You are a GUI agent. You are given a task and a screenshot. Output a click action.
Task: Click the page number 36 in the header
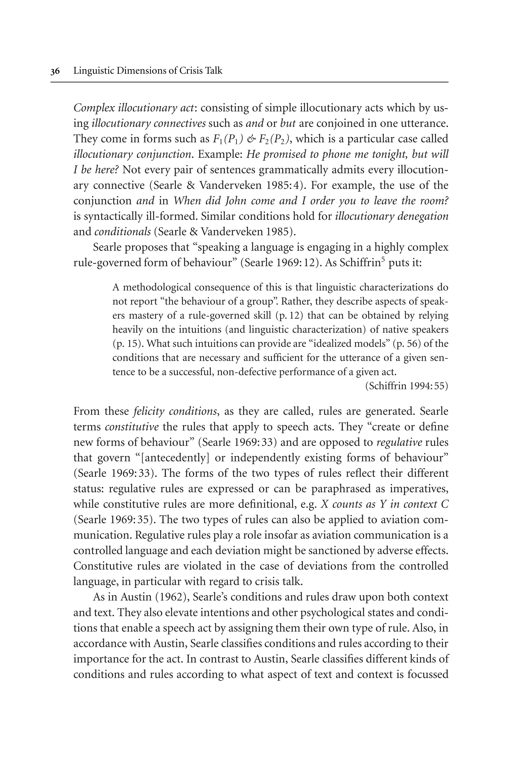55,71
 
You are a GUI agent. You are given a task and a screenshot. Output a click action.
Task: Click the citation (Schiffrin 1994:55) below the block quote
407,386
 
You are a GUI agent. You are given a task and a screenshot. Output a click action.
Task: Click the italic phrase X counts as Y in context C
384,504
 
